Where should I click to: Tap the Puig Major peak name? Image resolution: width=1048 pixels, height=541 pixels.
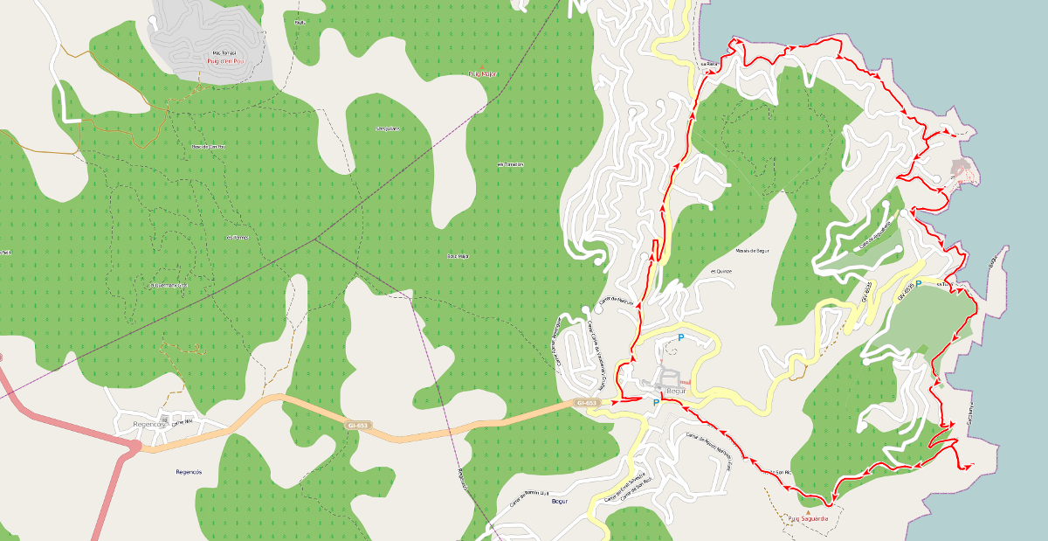pos(482,75)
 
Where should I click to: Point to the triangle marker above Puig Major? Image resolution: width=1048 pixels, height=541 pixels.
pos(482,67)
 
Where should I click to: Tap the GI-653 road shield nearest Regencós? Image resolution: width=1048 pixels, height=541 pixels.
pos(359,425)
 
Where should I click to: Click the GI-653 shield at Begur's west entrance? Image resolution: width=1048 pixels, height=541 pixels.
pos(586,403)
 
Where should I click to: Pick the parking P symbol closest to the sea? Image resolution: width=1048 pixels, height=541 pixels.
pos(918,284)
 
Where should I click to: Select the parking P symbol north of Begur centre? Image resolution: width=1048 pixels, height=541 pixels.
pos(679,336)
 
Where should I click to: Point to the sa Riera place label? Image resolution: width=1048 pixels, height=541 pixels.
pos(707,64)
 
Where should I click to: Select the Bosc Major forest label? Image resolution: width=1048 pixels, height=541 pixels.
pos(458,256)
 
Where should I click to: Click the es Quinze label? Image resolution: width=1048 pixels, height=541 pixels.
pos(720,271)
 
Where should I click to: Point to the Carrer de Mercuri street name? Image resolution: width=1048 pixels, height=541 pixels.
pos(615,302)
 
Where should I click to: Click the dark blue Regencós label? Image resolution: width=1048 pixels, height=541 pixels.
pos(189,471)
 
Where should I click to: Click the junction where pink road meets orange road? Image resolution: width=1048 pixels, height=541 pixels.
pos(136,447)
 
